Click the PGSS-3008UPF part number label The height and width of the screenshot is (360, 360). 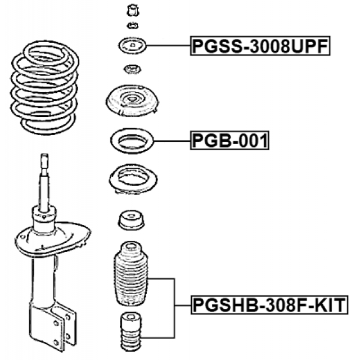(260, 46)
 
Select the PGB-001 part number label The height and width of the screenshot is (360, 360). (229, 141)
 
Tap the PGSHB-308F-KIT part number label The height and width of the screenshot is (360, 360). (269, 305)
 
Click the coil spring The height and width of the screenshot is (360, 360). (44, 88)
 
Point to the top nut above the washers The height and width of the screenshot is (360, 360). (133, 10)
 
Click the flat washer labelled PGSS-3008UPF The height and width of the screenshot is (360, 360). (133, 46)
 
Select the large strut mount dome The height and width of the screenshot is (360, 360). (132, 101)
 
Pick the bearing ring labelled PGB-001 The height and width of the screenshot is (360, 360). (132, 141)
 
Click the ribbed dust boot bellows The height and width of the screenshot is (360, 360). (131, 274)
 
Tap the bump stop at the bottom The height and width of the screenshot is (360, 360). (131, 331)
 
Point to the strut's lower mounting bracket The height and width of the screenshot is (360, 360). (52, 326)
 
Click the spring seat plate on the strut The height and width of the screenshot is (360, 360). (53, 238)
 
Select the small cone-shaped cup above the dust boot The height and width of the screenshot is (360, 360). (131, 220)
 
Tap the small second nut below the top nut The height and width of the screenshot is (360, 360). (133, 25)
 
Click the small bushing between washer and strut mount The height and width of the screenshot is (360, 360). (132, 69)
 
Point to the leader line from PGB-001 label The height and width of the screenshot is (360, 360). (172, 141)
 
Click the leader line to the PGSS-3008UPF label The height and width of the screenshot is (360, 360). (168, 46)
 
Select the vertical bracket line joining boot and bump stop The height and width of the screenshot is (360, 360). (174, 308)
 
